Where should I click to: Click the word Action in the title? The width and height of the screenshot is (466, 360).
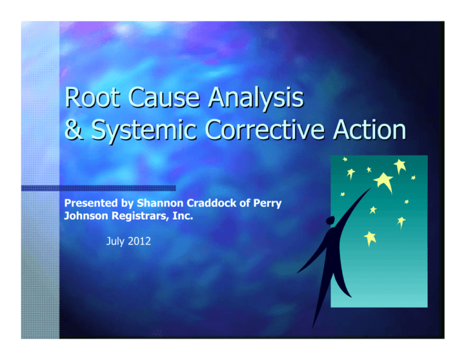(370, 131)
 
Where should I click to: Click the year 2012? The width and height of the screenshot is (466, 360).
(140, 242)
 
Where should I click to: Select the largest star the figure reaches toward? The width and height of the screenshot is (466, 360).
(383, 180)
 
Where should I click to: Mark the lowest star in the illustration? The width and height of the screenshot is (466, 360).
(370, 237)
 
